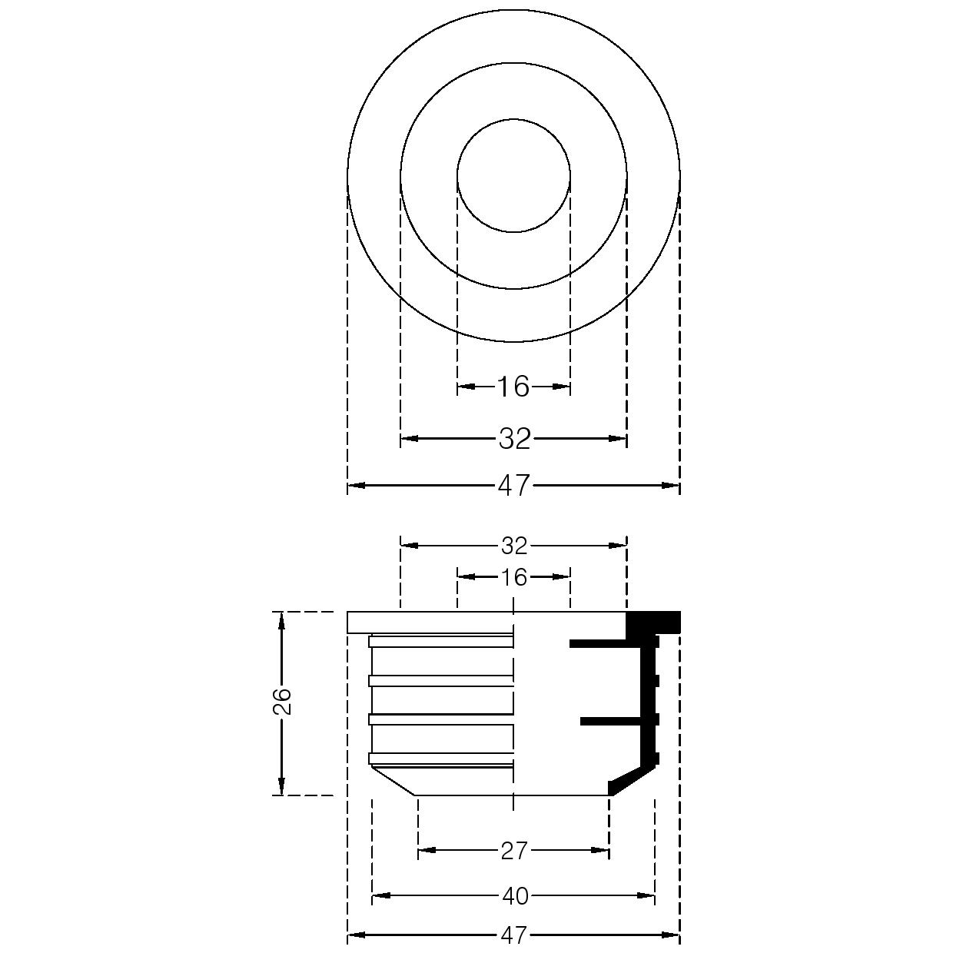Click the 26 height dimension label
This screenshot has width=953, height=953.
pyautogui.click(x=282, y=701)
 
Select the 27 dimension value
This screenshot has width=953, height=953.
pyautogui.click(x=514, y=851)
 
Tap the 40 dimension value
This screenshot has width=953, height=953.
pyautogui.click(x=515, y=896)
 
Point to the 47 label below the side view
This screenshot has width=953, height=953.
pyautogui.click(x=514, y=935)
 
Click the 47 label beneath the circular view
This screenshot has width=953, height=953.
pyautogui.click(x=514, y=485)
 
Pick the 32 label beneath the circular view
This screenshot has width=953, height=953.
pyautogui.click(x=514, y=439)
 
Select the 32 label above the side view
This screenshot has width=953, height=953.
pyautogui.click(x=514, y=546)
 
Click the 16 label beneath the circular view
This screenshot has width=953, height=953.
pyautogui.click(x=514, y=387)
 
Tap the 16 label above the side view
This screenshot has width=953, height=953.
pyautogui.click(x=514, y=577)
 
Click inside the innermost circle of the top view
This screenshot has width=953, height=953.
pyautogui.click(x=514, y=175)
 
